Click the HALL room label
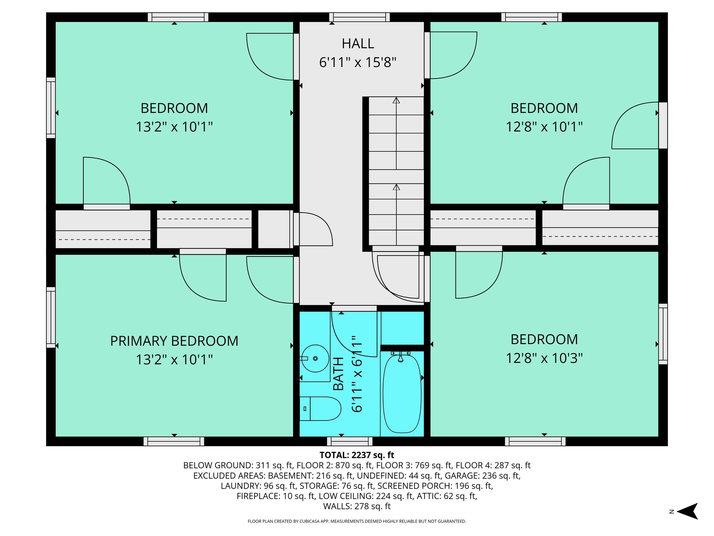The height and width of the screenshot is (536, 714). click(358, 44)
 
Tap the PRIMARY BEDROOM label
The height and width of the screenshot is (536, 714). click(174, 341)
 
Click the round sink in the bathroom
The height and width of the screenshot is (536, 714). click(315, 358)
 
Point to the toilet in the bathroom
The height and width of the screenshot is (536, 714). click(320, 409)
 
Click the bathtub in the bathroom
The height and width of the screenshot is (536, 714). click(402, 394)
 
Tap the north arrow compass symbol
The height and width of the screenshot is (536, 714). click(687, 511)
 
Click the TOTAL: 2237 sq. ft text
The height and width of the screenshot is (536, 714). click(357, 455)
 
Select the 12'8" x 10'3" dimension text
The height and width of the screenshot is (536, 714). click(544, 358)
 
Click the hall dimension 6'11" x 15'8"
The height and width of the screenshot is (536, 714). click(358, 62)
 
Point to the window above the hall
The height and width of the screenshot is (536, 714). click(359, 17)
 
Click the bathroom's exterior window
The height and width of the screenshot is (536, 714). click(350, 441)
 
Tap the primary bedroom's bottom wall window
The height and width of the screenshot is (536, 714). click(174, 441)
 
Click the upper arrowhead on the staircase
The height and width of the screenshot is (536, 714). click(396, 100)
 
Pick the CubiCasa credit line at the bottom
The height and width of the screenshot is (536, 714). click(357, 521)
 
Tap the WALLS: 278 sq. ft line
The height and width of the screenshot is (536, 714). click(357, 506)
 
